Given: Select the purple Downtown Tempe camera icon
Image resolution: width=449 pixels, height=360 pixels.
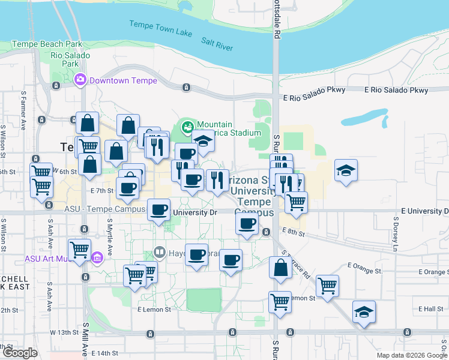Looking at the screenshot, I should point(80,80).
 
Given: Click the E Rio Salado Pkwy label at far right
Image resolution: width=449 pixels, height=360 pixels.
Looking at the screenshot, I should point(397,91).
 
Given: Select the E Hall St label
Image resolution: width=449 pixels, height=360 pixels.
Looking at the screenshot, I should point(429,308).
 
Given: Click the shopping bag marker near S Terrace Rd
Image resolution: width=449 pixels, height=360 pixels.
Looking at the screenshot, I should point(280,268).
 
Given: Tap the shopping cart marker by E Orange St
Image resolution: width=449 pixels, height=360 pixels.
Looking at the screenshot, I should point(327,286).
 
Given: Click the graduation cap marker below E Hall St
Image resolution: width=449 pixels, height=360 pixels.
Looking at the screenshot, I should point(364,312).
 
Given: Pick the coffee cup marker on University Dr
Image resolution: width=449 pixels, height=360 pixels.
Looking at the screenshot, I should point(158,210).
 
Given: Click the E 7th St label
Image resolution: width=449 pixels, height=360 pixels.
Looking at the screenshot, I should point(102,191).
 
